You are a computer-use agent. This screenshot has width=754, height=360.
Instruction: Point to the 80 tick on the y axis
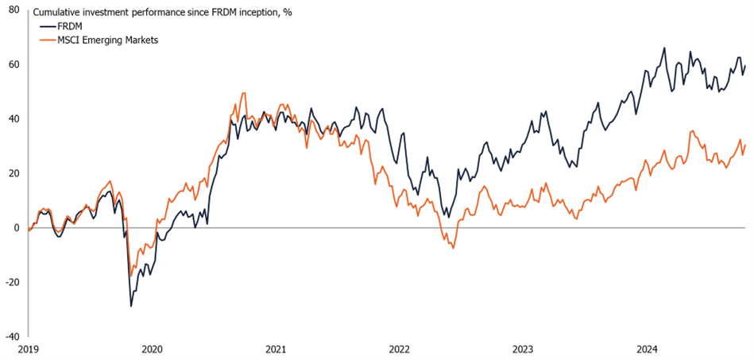14,10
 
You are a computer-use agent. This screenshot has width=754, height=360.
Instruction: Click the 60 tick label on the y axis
14,64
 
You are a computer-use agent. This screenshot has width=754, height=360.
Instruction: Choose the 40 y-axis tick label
14,119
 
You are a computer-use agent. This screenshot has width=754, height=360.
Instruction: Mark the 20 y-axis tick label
14,173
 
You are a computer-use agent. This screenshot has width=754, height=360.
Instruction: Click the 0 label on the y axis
17,227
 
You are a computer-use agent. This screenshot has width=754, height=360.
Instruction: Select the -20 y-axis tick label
12,282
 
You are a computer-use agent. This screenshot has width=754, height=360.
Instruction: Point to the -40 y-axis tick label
12,336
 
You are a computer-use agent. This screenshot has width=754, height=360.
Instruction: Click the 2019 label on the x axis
28,349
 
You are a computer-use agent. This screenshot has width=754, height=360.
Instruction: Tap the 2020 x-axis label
152,349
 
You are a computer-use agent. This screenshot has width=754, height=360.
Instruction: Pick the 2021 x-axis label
276,349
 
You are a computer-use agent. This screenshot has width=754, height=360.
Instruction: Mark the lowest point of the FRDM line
131,306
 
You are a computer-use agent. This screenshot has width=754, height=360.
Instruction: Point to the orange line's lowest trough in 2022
453,248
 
